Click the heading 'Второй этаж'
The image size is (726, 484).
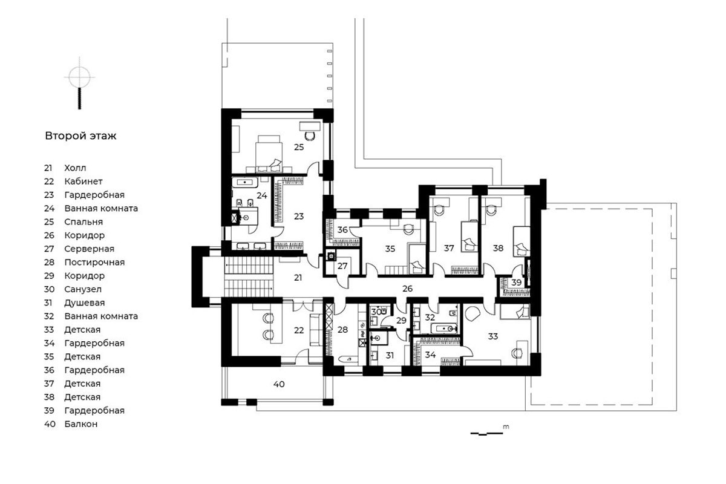(80, 136)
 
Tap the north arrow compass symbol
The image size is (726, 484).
(79, 83)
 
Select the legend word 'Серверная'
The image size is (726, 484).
(89, 249)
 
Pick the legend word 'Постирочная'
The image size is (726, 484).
(94, 262)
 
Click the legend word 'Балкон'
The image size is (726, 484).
(80, 423)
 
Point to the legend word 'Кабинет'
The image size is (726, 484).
(83, 181)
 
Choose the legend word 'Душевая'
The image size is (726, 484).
(84, 302)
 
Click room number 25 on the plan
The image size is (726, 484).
(299, 147)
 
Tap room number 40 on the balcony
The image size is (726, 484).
(279, 384)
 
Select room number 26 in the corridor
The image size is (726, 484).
(407, 288)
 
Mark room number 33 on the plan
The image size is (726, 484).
(492, 336)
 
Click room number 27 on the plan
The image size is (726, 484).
(342, 266)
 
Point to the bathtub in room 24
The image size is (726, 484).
(245, 183)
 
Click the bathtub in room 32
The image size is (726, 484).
(443, 329)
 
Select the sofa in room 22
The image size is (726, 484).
(316, 330)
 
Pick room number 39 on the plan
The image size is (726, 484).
(516, 283)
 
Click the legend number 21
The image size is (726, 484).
(48, 168)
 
